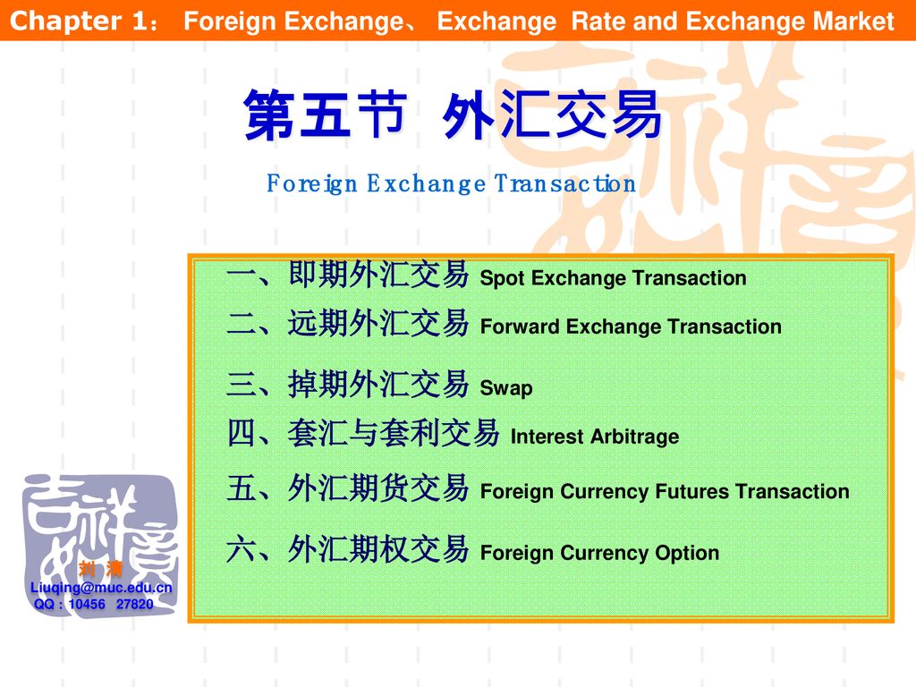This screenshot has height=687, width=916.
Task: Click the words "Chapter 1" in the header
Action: click(x=79, y=21)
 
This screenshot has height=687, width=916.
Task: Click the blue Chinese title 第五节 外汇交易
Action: click(x=453, y=114)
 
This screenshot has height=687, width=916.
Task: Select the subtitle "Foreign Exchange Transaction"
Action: click(x=451, y=183)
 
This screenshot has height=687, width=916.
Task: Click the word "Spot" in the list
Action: click(x=502, y=279)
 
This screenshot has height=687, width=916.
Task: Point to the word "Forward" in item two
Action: click(x=520, y=327)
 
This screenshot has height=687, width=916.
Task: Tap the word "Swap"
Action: click(x=506, y=388)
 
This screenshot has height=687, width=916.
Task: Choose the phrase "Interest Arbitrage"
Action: click(x=595, y=437)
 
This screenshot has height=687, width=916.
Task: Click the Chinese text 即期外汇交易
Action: click(x=378, y=274)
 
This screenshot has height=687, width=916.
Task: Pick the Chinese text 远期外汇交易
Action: click(x=378, y=323)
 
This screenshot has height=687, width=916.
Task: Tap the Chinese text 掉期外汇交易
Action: click(x=378, y=384)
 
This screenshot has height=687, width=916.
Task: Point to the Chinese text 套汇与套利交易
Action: click(x=394, y=433)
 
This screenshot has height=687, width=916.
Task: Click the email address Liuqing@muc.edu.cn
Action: click(x=101, y=588)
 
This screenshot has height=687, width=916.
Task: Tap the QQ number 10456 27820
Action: click(x=111, y=604)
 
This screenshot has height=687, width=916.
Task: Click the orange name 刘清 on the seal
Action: click(x=100, y=568)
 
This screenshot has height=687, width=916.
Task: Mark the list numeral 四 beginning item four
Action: click(x=242, y=434)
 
